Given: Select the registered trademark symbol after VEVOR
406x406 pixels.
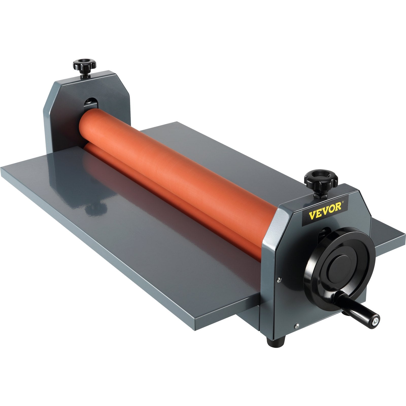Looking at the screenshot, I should click(343, 202).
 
